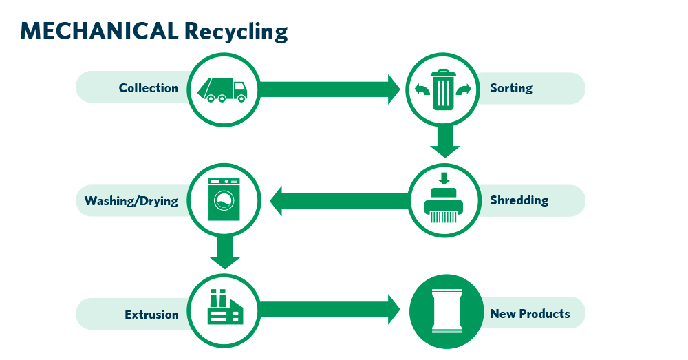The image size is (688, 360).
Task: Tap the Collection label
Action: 148,88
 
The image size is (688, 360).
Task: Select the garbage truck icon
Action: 222,89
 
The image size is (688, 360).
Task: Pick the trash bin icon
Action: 444,89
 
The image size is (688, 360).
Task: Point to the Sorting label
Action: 510,88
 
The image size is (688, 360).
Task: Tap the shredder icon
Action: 444,201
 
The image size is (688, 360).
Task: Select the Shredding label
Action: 519,201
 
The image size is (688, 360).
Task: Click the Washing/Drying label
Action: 131,202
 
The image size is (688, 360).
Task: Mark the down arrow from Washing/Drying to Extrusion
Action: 224,253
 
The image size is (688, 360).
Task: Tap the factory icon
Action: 224,308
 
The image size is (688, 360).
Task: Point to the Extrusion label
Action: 151,315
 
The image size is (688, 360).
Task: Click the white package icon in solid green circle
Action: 444,313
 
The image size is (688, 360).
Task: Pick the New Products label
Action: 530,314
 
